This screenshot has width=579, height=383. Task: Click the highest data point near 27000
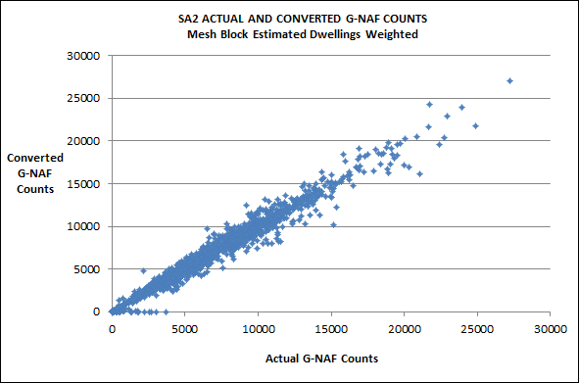(x=509, y=80)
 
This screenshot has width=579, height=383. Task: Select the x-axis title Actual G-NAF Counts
(x=321, y=358)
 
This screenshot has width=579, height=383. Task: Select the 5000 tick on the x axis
(x=184, y=329)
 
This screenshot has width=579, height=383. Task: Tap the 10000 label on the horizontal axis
(x=258, y=329)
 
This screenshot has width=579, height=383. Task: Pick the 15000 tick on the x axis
(x=331, y=329)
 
